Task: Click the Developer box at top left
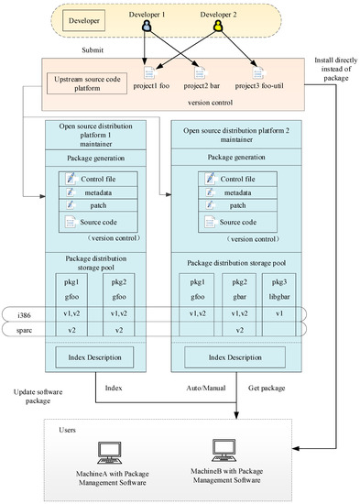(x=84, y=17)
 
